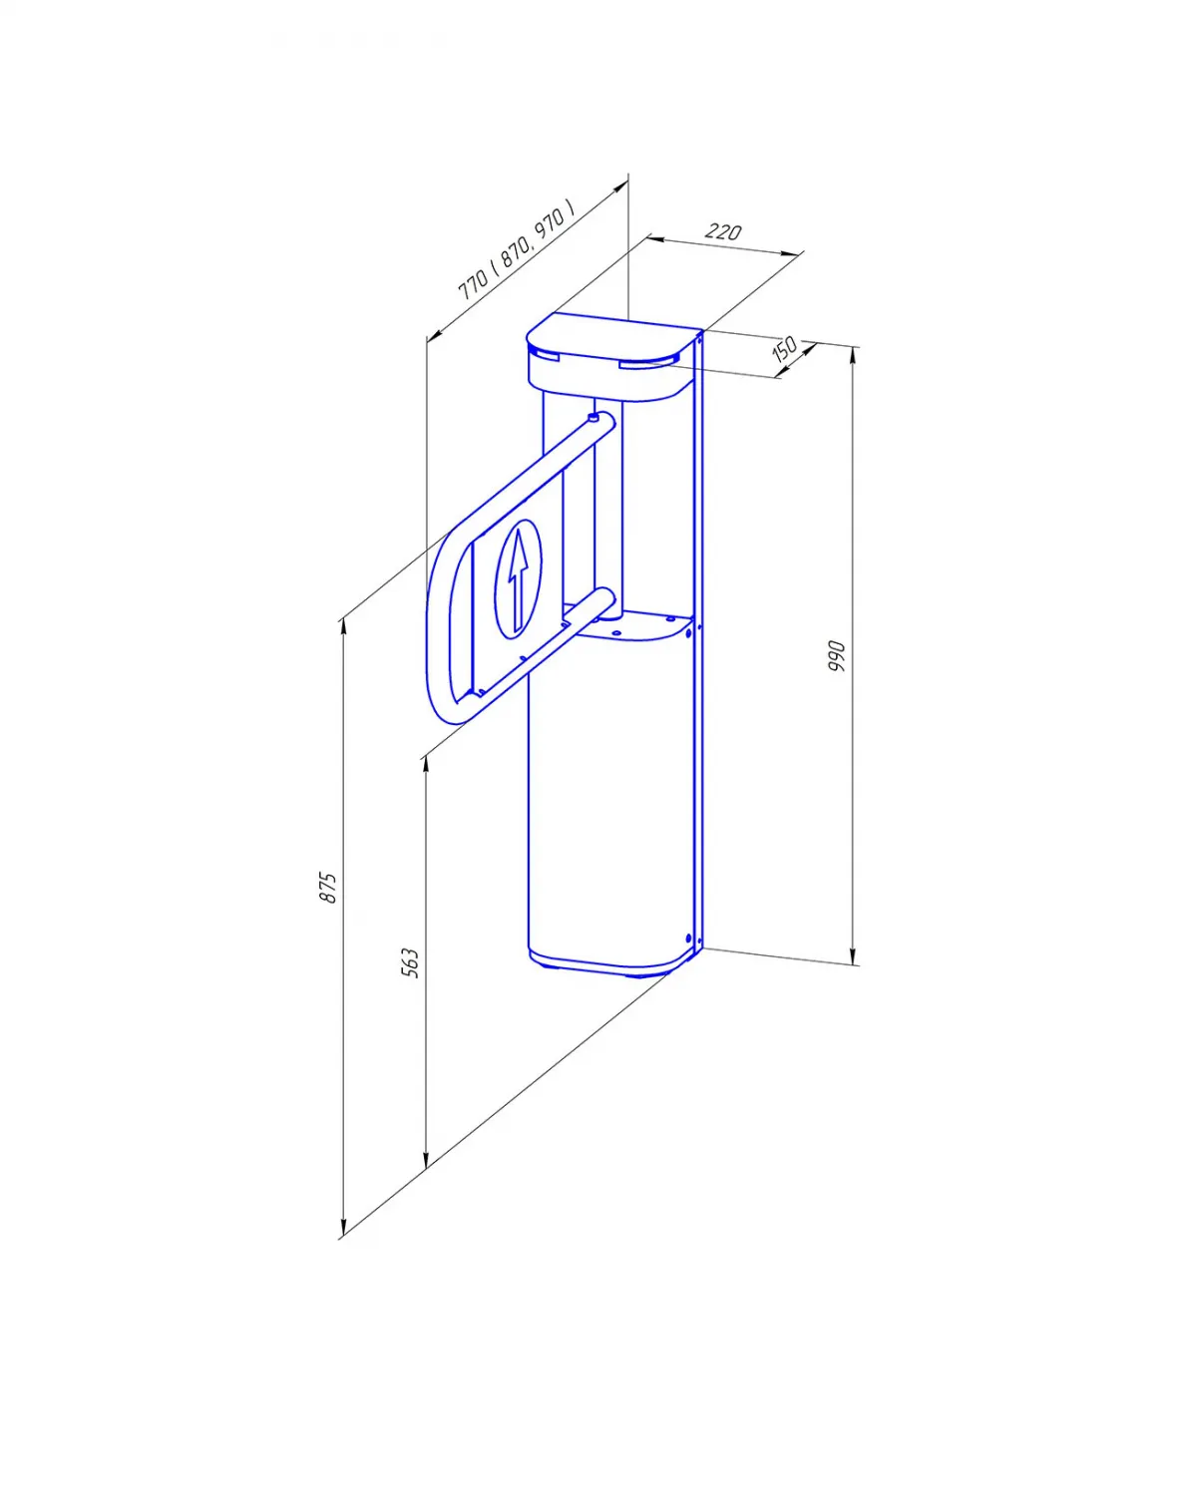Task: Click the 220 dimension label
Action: (722, 230)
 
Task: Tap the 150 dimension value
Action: (785, 349)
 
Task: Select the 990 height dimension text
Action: (836, 655)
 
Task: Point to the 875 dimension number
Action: (328, 887)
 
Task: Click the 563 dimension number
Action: (411, 962)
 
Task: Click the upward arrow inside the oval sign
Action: (517, 579)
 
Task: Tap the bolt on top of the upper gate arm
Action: (594, 417)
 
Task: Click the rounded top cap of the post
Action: (611, 357)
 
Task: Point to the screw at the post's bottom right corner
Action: (689, 938)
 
